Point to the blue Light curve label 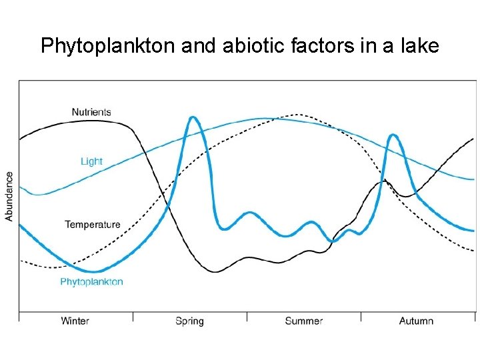click(91, 161)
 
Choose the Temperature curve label click(93, 224)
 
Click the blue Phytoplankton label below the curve click(92, 282)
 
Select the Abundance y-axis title click(9, 196)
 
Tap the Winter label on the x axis click(75, 321)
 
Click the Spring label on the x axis click(189, 321)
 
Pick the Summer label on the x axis click(303, 321)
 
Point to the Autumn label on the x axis click(416, 321)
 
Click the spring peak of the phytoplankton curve click(193, 117)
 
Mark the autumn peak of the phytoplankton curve click(393, 135)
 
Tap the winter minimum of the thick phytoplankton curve click(93, 271)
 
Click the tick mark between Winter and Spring click(133, 316)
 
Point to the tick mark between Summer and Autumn click(361, 316)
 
